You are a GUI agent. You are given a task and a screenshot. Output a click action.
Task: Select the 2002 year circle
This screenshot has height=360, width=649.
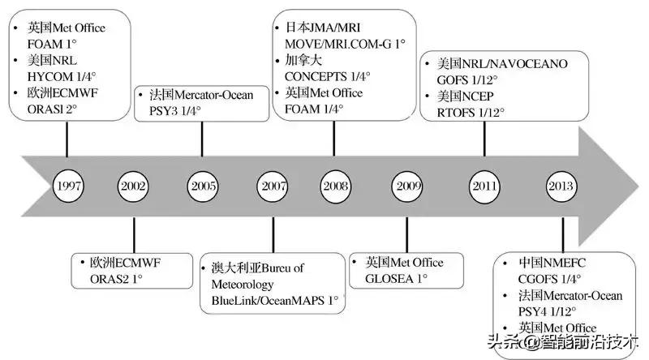[x=133, y=186]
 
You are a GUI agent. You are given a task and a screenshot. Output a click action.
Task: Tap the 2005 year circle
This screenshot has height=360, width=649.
[x=204, y=186]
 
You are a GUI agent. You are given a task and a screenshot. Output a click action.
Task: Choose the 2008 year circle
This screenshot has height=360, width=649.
[x=336, y=186]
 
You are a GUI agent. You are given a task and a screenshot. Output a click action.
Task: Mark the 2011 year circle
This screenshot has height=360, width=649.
[x=484, y=186]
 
